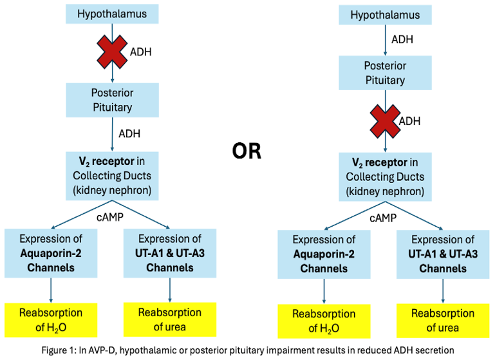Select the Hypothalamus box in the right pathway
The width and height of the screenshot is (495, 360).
point(384,15)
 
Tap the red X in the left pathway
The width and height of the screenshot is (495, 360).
point(111,52)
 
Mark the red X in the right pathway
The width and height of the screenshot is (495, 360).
point(384,120)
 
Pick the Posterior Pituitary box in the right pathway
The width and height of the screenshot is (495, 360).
point(384,73)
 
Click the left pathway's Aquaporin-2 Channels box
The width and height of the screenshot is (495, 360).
point(51,253)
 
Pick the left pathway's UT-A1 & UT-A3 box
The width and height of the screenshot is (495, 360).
point(170,253)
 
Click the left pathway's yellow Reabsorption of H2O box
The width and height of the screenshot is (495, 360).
point(51,319)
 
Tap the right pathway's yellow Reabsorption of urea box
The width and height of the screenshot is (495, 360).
point(442,321)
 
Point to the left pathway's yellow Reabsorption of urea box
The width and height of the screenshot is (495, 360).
point(170,319)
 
